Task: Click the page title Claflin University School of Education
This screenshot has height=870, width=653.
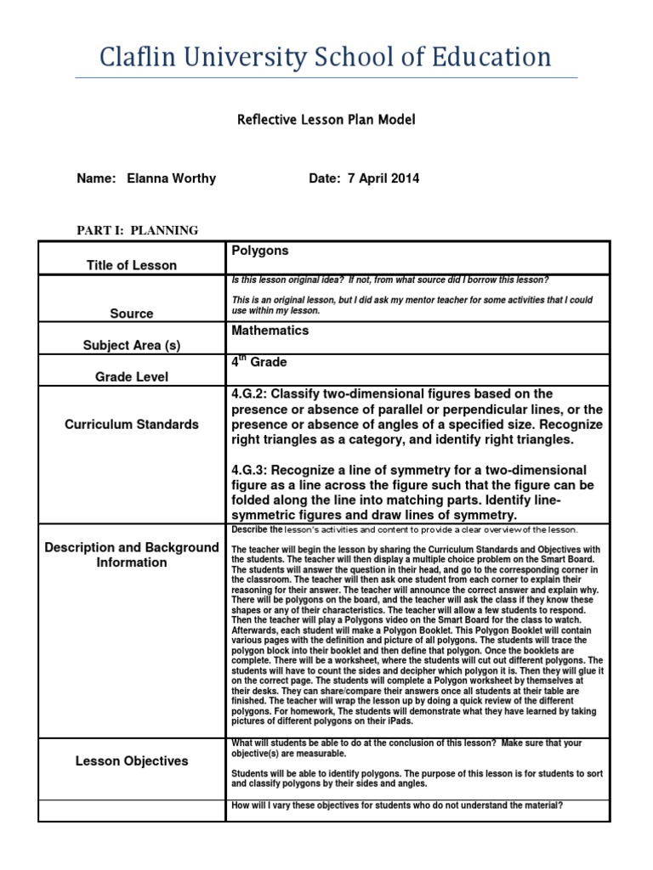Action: [326, 57]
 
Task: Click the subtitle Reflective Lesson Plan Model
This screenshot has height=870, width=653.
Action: [326, 121]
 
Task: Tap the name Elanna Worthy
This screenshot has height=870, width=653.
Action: [171, 178]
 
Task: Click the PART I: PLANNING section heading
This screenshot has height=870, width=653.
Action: [137, 230]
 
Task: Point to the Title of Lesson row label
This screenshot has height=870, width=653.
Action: [132, 265]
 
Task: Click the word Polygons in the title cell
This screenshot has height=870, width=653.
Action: [259, 251]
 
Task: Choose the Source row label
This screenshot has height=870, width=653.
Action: [132, 314]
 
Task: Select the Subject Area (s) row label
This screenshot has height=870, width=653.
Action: [132, 346]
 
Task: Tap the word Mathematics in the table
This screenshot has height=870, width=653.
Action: [270, 330]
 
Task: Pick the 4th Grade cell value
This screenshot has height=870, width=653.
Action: [259, 363]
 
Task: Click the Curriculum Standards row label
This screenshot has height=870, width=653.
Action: [132, 424]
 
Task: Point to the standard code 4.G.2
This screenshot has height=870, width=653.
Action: [251, 394]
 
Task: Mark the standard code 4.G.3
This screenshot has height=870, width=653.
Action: [251, 471]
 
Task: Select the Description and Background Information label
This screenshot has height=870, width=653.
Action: [132, 554]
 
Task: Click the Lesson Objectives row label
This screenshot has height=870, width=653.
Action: [132, 760]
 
